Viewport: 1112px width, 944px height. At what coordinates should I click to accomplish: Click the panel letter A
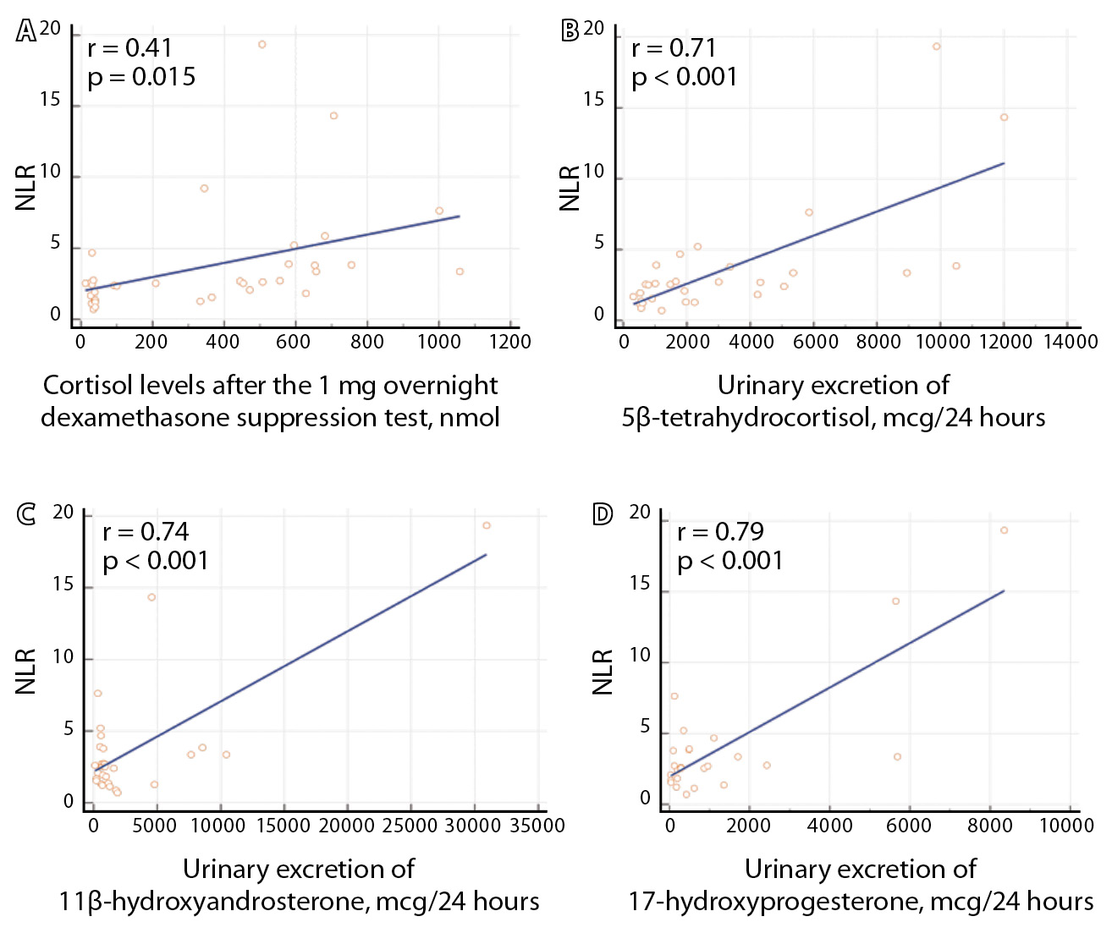26,31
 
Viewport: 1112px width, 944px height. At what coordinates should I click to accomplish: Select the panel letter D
602,514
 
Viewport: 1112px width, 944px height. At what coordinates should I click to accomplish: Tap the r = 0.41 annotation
129,48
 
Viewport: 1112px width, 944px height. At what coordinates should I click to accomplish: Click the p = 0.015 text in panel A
141,77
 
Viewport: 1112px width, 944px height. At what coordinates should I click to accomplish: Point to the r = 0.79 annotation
720,532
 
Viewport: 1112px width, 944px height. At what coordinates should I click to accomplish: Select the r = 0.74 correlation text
146,532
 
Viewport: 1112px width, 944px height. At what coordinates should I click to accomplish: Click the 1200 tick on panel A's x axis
510,342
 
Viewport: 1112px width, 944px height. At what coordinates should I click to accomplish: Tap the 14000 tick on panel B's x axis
1070,342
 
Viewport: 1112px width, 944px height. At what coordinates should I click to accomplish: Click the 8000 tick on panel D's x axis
989,826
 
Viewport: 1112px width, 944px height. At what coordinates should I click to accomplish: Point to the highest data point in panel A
262,45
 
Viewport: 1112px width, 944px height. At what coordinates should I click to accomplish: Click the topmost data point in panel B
937,47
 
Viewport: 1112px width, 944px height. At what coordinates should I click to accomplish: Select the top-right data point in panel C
487,525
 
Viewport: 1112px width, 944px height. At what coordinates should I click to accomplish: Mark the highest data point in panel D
1004,530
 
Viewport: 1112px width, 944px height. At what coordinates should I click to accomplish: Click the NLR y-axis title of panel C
26,672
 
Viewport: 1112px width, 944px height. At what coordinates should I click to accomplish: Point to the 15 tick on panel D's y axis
641,585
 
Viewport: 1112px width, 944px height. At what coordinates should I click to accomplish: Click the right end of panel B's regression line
1004,163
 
